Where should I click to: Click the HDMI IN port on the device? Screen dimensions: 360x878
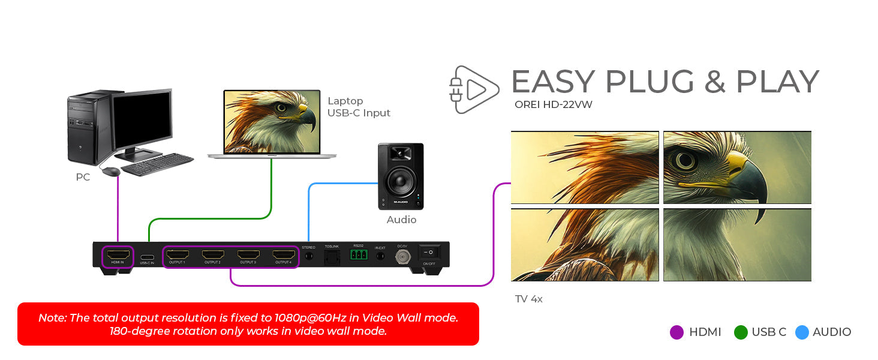coord(118,255)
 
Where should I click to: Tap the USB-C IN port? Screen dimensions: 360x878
coord(147,257)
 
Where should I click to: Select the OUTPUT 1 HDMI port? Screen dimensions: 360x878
coord(177,255)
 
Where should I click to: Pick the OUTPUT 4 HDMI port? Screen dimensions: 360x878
coord(283,255)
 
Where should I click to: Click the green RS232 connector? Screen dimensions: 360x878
coord(359,255)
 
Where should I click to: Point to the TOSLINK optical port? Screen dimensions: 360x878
coord(332,256)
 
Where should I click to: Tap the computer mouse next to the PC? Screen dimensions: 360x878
coord(111,172)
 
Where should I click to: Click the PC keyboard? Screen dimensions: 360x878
coord(157,164)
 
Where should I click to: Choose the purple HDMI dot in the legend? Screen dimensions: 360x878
coord(676,332)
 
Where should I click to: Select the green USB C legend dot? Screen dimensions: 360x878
coord(741,332)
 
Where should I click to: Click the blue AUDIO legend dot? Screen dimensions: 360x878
coord(802,332)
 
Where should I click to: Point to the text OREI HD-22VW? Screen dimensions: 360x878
coord(554,105)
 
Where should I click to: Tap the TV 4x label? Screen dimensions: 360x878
coord(529,299)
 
